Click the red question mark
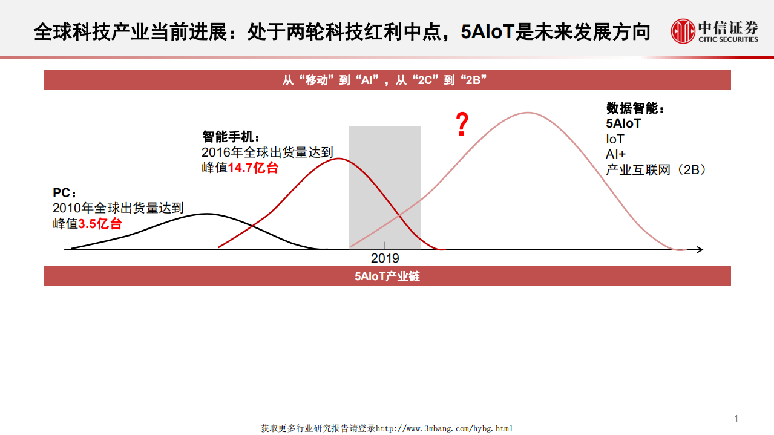pos(462,124)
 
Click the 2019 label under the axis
pos(385,258)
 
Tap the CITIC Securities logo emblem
pos(683,31)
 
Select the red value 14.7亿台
pos(253,168)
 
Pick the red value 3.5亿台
pos(100,224)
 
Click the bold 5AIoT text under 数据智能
pos(623,123)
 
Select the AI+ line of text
pos(615,154)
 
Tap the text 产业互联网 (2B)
pos(656,170)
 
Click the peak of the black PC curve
pos(208,214)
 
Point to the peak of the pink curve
pos(529,113)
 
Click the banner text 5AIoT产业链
pos(387,276)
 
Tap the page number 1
pos(736,419)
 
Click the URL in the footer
pos(444,428)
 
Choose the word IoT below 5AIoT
pos(615,139)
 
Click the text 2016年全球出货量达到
pos(267,152)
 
